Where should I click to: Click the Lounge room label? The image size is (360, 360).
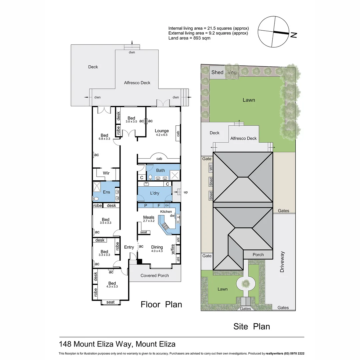click(162, 131)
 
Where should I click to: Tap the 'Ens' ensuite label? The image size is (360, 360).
click(106, 192)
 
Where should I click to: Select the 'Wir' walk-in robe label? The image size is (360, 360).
click(106, 173)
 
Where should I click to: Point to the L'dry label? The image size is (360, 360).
click(154, 193)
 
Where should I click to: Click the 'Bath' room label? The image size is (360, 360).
click(160, 170)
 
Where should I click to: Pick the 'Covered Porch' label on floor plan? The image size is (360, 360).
click(155, 275)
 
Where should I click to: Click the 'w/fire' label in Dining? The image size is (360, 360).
click(173, 249)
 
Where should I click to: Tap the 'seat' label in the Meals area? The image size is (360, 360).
click(144, 232)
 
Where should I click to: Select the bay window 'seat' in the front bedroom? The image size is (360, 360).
click(110, 302)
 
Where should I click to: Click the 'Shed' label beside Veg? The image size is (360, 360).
click(217, 72)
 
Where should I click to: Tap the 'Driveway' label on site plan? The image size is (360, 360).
click(282, 262)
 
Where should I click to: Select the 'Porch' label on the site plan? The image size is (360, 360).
click(258, 255)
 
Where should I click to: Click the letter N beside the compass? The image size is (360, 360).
click(293, 35)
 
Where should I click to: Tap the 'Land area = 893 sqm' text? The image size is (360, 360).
click(189, 38)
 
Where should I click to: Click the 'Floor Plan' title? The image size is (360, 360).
click(161, 304)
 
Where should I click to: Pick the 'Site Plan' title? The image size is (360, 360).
click(251, 326)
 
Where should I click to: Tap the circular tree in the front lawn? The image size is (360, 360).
click(246, 283)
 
